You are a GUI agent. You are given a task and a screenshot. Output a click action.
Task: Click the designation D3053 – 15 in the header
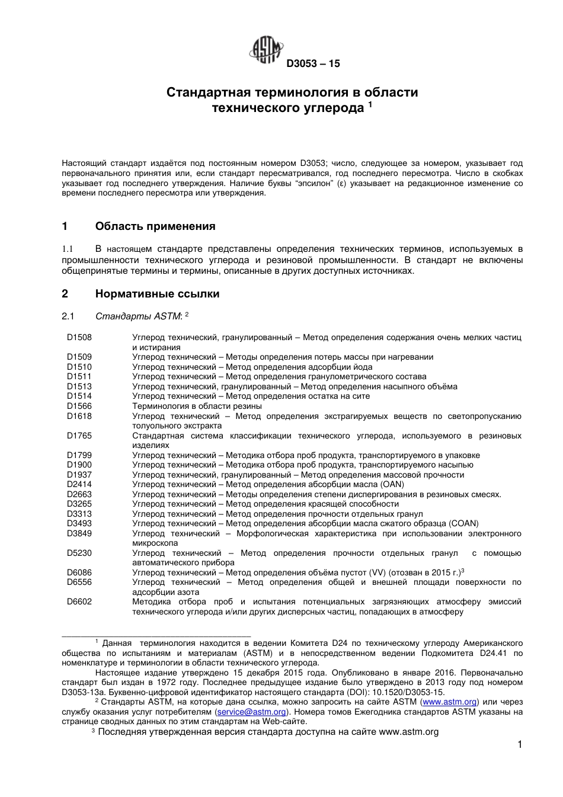click(x=313, y=64)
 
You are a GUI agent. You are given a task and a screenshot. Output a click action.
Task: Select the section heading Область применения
click(x=155, y=226)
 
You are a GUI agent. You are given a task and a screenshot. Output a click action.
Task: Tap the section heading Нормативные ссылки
click(x=157, y=294)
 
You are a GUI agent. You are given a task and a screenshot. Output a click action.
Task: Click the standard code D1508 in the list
click(x=79, y=338)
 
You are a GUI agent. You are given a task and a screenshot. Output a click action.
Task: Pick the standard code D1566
click(x=79, y=406)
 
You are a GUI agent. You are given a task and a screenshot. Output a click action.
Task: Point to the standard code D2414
click(x=79, y=485)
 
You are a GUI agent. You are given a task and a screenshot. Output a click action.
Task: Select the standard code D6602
click(x=79, y=602)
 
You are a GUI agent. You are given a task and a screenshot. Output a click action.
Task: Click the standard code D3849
click(x=79, y=534)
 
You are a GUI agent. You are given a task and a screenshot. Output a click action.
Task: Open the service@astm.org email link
click(x=252, y=712)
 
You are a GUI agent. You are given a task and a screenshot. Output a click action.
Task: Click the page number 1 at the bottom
click(x=519, y=745)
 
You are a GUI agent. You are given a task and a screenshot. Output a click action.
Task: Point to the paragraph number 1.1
click(x=67, y=249)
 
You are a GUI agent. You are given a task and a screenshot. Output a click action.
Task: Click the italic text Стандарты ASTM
click(x=138, y=316)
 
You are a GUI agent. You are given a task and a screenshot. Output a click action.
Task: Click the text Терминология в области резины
click(x=197, y=406)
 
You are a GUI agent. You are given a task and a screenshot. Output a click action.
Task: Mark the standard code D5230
click(x=79, y=553)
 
